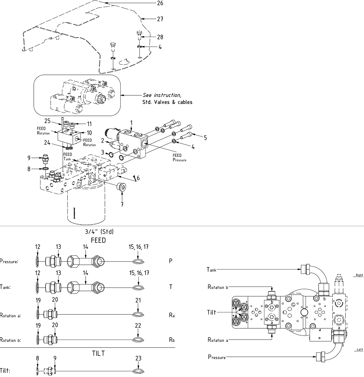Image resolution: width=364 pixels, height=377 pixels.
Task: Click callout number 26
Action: point(160,3)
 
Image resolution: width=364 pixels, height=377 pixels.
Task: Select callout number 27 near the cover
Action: point(160,19)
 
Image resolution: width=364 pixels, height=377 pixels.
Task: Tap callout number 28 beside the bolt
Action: point(160,37)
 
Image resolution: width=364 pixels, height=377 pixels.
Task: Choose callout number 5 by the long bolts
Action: point(205,138)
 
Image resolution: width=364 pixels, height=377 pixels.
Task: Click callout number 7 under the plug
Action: point(122,205)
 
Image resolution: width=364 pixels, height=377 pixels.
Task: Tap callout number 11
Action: point(89,124)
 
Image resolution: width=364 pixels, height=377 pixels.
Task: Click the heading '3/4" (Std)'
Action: point(99,232)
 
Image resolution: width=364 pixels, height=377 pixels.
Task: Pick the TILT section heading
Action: point(98,353)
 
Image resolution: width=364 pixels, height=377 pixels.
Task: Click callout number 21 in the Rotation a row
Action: point(138,300)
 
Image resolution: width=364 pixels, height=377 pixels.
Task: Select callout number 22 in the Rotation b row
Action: point(138,325)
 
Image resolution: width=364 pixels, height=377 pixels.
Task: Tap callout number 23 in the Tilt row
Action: point(138,358)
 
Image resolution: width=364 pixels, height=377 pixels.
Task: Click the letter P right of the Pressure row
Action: point(171,261)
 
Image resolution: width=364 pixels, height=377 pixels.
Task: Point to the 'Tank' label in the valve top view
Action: point(211,270)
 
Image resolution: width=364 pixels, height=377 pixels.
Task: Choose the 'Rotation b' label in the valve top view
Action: point(217,287)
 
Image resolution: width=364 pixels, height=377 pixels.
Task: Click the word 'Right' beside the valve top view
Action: point(359,275)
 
